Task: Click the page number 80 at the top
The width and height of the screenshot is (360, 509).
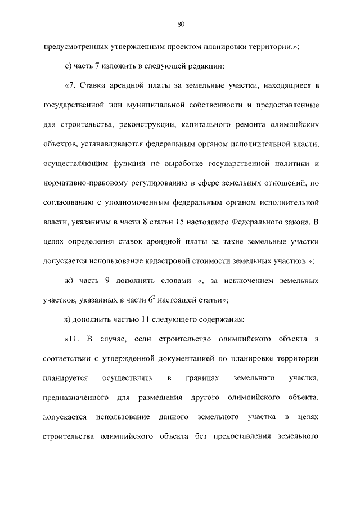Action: pyautogui.click(x=180, y=24)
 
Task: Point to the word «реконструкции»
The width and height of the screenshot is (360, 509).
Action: pyautogui.click(x=149, y=124)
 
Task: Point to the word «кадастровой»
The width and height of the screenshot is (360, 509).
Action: pyautogui.click(x=168, y=259)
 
